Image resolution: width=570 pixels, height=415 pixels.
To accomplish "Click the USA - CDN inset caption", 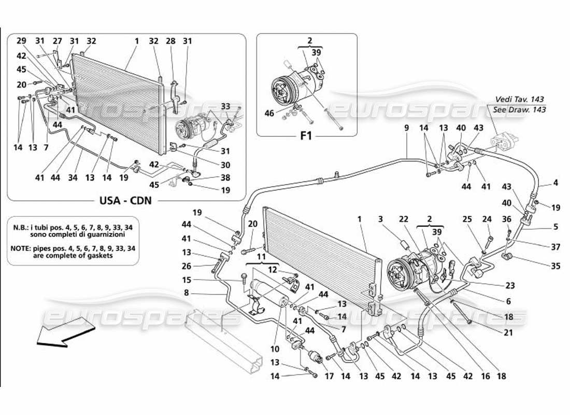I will [126, 200].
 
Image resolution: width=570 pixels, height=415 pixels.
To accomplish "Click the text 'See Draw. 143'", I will [520, 109].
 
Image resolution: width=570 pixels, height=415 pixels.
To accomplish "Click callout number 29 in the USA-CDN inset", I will [21, 40].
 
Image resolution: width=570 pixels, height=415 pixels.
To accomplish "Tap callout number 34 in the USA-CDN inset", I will [73, 178].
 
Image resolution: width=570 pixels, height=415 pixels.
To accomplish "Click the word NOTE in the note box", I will [22, 248].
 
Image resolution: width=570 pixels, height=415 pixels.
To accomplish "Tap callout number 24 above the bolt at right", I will [486, 219].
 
